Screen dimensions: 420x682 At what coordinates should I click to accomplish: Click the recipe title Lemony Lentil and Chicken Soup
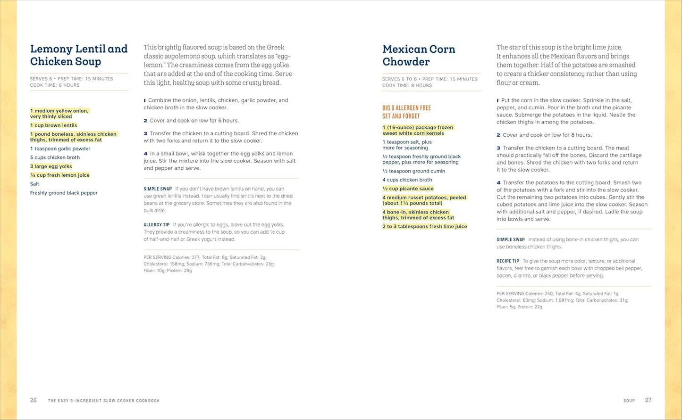tap(79, 55)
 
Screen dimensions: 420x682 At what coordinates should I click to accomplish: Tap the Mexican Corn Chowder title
tap(419, 55)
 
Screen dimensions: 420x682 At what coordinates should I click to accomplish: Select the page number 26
tap(34, 400)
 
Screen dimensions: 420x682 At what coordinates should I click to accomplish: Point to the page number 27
tap(648, 400)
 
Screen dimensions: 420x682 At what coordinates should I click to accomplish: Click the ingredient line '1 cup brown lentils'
tap(54, 125)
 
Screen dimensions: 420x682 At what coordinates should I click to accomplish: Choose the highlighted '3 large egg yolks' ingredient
tap(51, 166)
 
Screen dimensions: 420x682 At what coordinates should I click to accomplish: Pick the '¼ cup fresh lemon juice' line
tap(60, 175)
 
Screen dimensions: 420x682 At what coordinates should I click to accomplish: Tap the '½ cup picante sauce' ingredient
tap(408, 189)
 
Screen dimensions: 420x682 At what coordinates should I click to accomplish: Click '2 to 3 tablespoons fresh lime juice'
tap(425, 226)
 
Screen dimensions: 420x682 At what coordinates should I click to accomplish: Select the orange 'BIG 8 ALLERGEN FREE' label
tap(406, 108)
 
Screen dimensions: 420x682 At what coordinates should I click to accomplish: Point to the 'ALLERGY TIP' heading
tap(157, 225)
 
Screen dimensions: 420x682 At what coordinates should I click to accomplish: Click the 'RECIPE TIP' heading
tap(508, 261)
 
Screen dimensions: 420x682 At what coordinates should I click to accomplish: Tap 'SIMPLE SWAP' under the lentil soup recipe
tap(158, 189)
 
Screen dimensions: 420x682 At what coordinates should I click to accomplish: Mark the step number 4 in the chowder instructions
tap(498, 183)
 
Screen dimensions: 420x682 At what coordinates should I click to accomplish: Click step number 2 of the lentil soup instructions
tap(145, 121)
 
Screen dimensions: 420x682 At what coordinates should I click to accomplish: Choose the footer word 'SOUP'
tap(629, 401)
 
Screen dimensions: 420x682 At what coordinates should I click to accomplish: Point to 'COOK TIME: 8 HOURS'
tap(407, 85)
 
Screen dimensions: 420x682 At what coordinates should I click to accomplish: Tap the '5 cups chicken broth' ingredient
tap(55, 157)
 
